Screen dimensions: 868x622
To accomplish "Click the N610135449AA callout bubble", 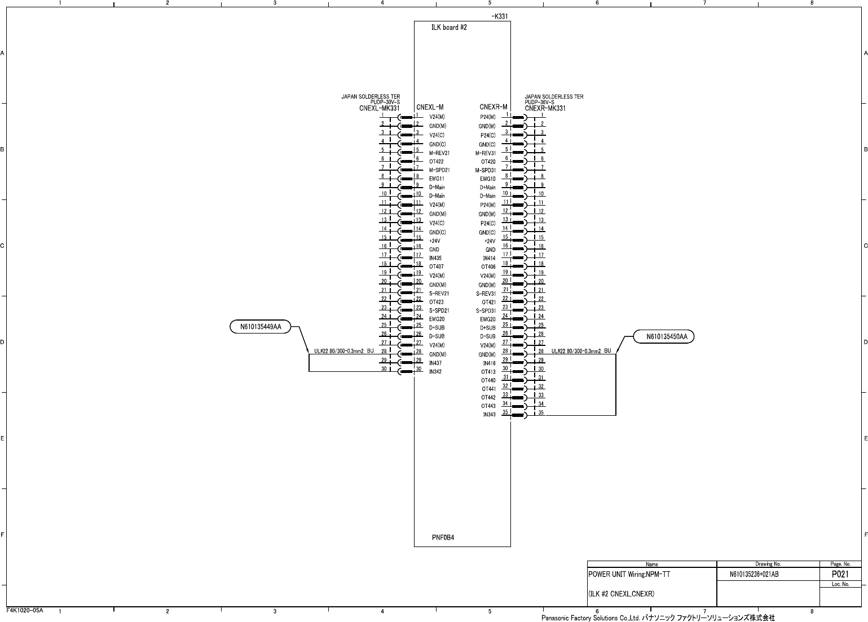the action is pyautogui.click(x=261, y=327).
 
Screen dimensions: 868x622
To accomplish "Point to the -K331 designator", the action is pyautogui.click(x=499, y=16).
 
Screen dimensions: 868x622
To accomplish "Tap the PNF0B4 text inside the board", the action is pyautogui.click(x=443, y=537).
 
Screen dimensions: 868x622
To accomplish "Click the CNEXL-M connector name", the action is pyautogui.click(x=430, y=107).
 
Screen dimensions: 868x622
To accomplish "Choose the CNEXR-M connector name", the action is pyautogui.click(x=494, y=107).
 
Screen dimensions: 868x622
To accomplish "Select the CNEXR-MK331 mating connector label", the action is pyautogui.click(x=545, y=108).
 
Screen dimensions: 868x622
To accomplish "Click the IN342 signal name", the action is pyautogui.click(x=435, y=372).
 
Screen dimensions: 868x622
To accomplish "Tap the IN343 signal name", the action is pyautogui.click(x=489, y=415).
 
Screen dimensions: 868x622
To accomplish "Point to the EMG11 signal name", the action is pyautogui.click(x=437, y=179).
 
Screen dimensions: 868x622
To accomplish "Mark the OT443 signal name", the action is pyautogui.click(x=488, y=406).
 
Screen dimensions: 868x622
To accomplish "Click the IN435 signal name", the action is pyautogui.click(x=435, y=258).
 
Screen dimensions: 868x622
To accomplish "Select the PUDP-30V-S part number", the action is pyautogui.click(x=385, y=102).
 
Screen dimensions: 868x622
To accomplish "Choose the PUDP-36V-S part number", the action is pyautogui.click(x=540, y=102).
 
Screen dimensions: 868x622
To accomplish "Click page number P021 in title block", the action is pyautogui.click(x=840, y=575).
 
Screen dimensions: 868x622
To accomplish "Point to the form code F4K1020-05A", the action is pyautogui.click(x=25, y=610).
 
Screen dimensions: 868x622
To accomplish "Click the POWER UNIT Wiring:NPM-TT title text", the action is pyautogui.click(x=629, y=575).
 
